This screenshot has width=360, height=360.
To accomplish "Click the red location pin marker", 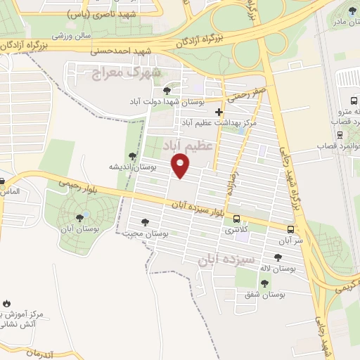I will click(181, 165).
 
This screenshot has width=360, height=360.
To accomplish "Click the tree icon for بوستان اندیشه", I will click(133, 157).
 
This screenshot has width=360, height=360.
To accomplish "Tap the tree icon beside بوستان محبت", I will click(145, 222).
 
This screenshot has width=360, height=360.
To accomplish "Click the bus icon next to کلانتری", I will click(236, 219).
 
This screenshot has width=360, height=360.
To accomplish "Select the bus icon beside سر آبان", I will click(291, 229).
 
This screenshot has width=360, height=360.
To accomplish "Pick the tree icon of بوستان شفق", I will click(264, 284).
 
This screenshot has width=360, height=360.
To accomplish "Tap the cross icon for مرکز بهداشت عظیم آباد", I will click(219, 112).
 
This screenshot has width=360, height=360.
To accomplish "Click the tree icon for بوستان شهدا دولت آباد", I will click(167, 91).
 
